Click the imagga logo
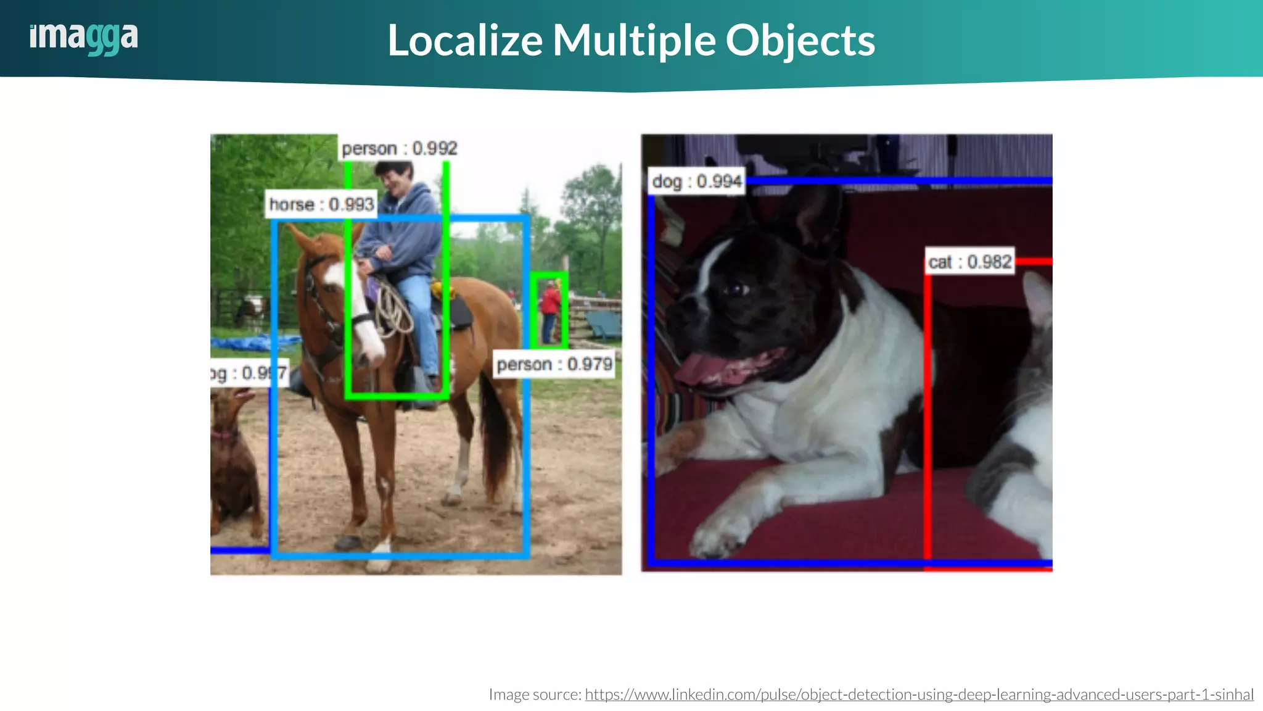tap(84, 38)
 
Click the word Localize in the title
tap(465, 41)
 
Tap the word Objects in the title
tap(800, 41)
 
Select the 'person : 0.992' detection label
tap(400, 149)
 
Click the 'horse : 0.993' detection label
tap(321, 204)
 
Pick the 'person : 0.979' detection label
tap(554, 365)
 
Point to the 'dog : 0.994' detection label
tap(696, 181)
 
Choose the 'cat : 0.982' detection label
tap(969, 262)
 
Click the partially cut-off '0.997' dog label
tap(248, 373)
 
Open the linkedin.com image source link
tap(919, 694)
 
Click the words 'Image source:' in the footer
tap(535, 694)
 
